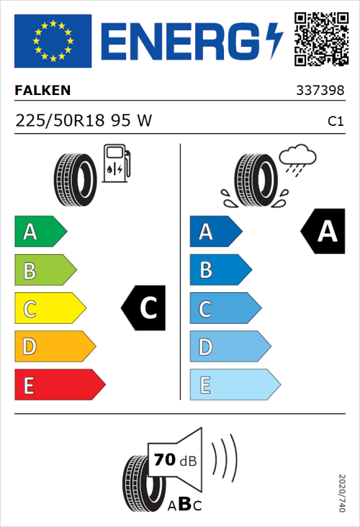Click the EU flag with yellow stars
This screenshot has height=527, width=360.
coord(53,41)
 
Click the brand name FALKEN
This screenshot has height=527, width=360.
coord(43,91)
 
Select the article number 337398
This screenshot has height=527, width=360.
coord(320,91)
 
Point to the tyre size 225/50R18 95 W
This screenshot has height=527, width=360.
coord(84,121)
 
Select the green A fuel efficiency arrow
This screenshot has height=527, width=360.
coord(40,232)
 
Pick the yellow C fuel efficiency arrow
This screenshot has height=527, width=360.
coord(49,309)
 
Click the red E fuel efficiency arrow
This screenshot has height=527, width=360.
coord(59,385)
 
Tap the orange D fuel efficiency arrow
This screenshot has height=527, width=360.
coord(54,347)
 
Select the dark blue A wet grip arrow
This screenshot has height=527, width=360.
coord(215,232)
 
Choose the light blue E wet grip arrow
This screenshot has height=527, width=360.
coord(234,385)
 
